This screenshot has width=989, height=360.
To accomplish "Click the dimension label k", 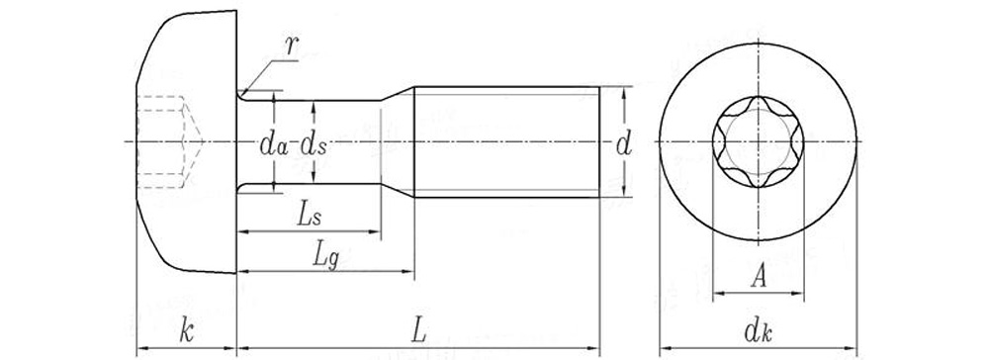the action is [186, 331].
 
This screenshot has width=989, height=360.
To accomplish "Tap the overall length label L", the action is [419, 331].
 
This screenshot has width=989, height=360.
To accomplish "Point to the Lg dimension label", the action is [326, 255].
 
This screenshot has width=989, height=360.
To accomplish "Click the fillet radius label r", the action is [291, 46].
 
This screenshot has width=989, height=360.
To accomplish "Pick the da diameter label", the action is [274, 145].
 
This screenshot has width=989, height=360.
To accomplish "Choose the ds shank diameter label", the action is [314, 145].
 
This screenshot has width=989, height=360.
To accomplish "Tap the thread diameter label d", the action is [624, 145].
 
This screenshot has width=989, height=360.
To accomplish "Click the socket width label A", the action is [759, 276].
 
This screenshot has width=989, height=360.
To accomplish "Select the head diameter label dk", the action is [759, 331].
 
